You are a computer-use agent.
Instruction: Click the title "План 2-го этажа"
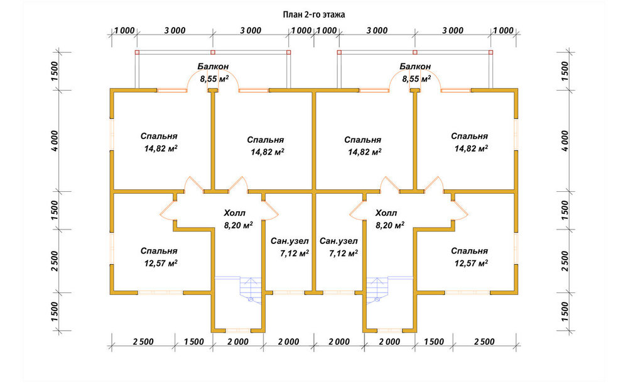(x=314, y=15)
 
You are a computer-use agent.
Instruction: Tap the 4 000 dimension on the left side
(x=54, y=141)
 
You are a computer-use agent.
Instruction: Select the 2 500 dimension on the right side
(x=565, y=261)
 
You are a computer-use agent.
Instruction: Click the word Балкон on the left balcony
(x=213, y=66)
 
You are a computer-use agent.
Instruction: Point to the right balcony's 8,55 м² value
(x=416, y=79)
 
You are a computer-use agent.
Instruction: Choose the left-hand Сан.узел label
(x=290, y=241)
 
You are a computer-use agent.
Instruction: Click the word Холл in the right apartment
(x=386, y=213)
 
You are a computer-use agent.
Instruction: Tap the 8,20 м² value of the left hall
(x=238, y=225)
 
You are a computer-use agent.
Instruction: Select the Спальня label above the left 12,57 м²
(x=159, y=251)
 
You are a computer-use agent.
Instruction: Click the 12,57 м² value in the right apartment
(x=471, y=263)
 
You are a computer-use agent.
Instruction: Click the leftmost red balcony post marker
(x=137, y=52)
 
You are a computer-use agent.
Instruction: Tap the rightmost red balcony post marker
(x=490, y=52)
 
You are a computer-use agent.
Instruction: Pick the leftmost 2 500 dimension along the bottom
(x=143, y=341)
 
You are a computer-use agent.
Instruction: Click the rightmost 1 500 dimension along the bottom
(x=434, y=341)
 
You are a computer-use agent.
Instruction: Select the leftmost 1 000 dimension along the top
(x=124, y=30)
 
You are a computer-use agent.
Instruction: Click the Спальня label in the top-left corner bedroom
(x=159, y=136)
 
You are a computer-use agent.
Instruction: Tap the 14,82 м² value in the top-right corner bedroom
(x=471, y=148)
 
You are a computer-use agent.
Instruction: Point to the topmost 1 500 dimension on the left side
(x=54, y=71)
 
